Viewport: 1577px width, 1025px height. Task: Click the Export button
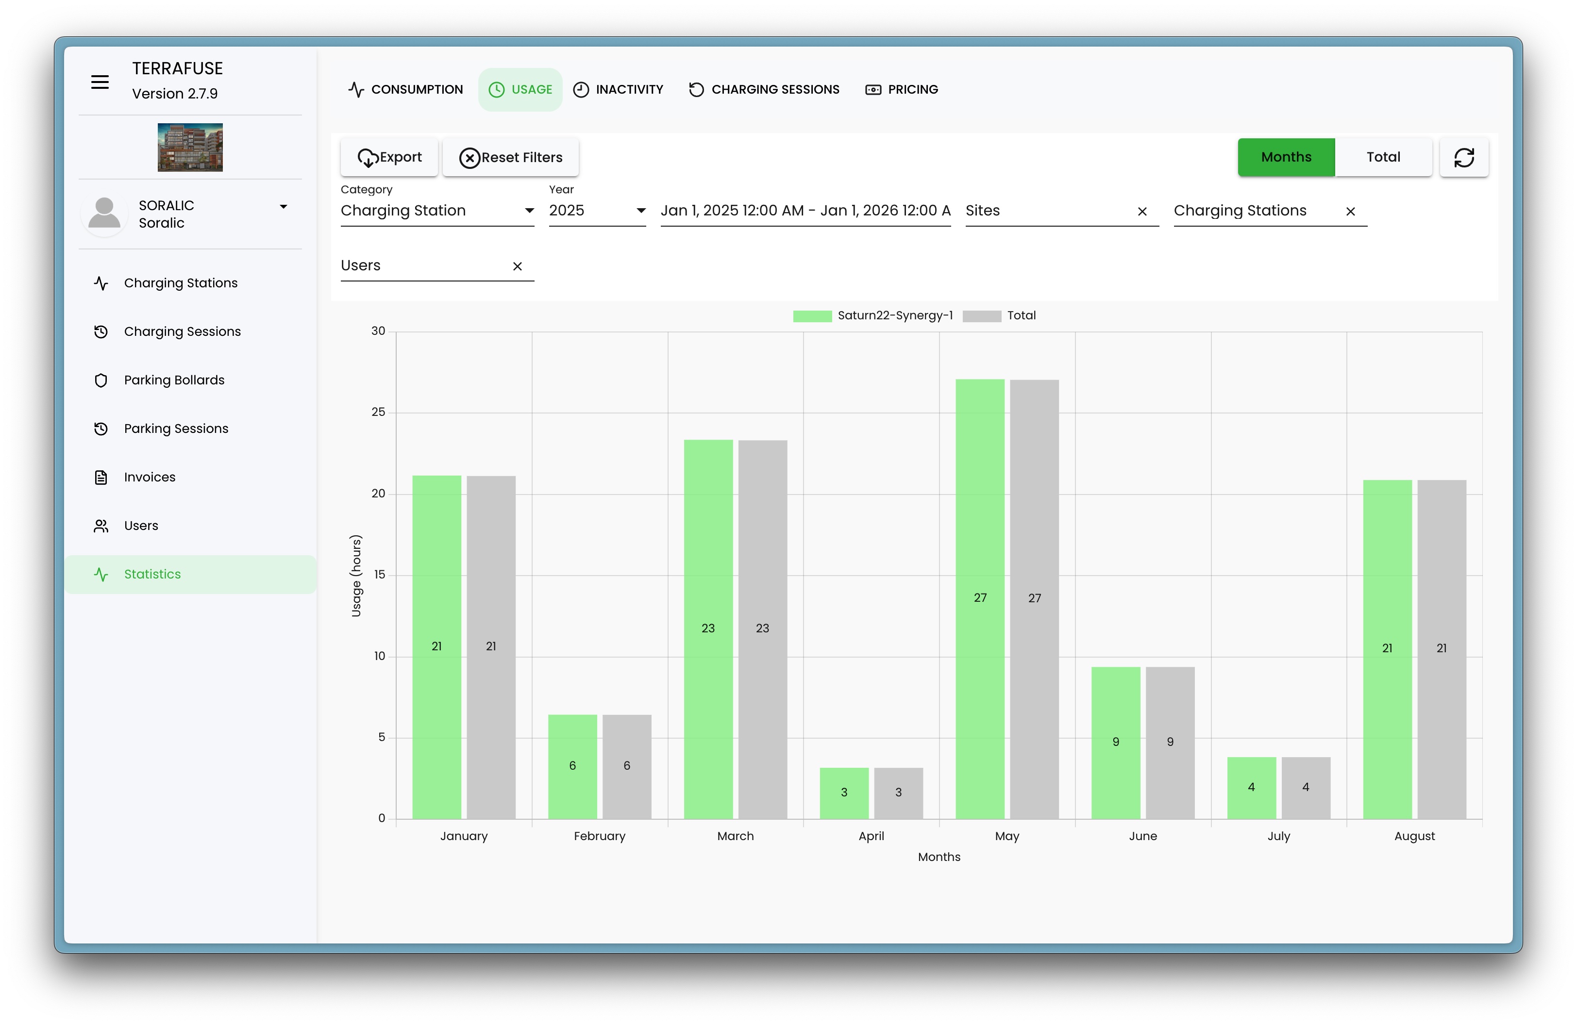point(389,158)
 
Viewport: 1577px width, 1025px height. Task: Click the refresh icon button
point(1464,158)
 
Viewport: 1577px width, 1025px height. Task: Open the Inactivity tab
point(618,89)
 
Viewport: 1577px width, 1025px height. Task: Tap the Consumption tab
point(405,89)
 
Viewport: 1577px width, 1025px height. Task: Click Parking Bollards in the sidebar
point(174,380)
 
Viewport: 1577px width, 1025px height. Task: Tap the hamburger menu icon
point(100,82)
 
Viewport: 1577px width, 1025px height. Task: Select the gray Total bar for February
point(626,766)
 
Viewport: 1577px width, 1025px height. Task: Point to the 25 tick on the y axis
point(378,412)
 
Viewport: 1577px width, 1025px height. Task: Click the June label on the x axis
point(1142,836)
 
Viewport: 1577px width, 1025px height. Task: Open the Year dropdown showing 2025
point(596,211)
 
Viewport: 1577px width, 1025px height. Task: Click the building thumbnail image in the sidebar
point(190,147)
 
